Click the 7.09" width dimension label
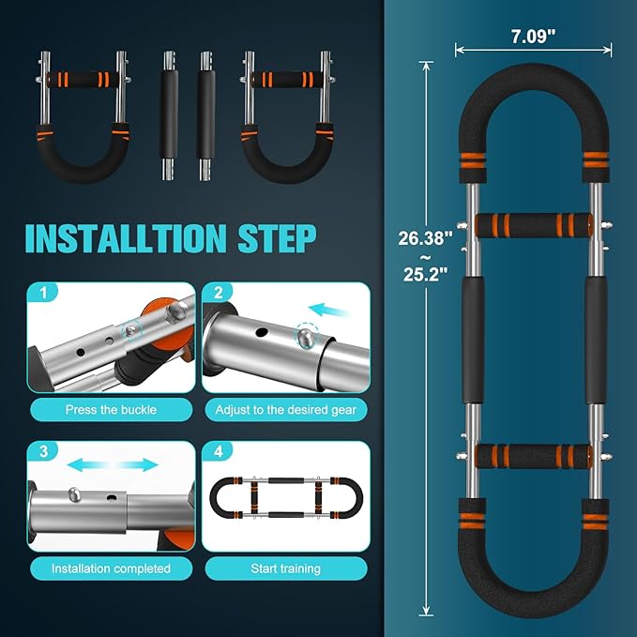(533, 37)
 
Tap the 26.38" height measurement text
(425, 238)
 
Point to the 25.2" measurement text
(425, 275)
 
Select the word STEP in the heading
(277, 238)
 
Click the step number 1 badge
(43, 293)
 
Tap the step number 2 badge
(219, 293)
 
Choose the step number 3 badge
(43, 451)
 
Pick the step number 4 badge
(219, 451)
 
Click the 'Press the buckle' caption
(111, 409)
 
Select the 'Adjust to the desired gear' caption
(285, 409)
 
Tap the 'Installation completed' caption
(111, 569)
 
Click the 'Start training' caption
(285, 569)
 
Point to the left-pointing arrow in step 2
(328, 310)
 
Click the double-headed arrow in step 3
(113, 464)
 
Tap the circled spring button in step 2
(306, 336)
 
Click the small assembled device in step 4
(286, 498)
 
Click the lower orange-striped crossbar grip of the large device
(533, 456)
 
